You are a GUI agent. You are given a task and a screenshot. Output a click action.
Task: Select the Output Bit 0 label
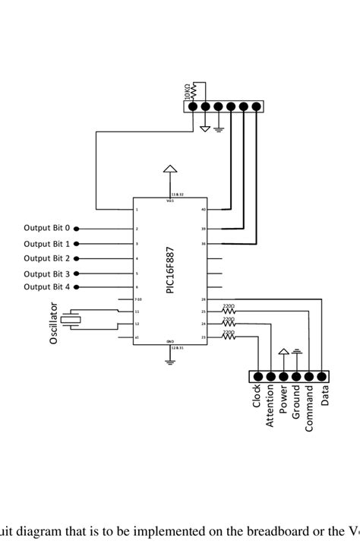coord(46,228)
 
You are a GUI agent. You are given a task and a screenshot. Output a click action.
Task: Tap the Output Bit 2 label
coord(46,258)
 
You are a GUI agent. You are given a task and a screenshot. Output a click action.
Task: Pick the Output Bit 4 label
coord(46,286)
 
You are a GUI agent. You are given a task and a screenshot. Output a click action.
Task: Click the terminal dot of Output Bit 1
coord(77,244)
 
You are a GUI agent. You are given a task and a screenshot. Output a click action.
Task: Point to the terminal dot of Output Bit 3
coord(77,274)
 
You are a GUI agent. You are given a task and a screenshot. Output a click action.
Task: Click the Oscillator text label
coord(54,324)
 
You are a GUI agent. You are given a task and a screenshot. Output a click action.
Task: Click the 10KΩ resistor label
coord(188,91)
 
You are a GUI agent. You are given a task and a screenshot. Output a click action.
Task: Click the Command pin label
coord(309,407)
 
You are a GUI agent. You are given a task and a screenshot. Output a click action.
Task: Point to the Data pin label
coord(324,396)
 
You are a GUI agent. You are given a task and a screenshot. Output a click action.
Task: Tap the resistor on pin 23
coord(228,337)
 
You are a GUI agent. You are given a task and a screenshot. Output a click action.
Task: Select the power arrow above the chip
coord(171,169)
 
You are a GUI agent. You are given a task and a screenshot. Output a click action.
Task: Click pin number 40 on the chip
coord(203,209)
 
